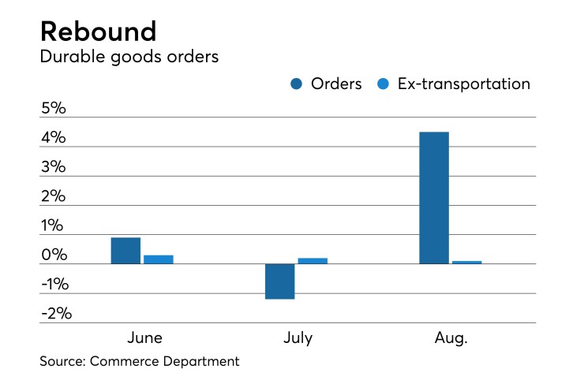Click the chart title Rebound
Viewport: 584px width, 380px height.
point(98,31)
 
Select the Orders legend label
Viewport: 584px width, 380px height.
point(335,84)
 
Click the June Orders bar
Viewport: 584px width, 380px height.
point(125,251)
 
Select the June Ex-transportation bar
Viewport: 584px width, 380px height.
point(159,259)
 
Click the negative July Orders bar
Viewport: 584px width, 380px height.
point(279,281)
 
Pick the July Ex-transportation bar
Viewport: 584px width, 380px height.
point(313,261)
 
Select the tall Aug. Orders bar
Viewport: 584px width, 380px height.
point(433,198)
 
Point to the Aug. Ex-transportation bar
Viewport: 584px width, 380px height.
point(466,262)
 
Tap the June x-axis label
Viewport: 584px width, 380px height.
point(144,338)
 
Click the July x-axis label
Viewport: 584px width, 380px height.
point(298,338)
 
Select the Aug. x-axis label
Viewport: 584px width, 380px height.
point(451,338)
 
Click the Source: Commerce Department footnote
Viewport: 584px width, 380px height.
point(139,362)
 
